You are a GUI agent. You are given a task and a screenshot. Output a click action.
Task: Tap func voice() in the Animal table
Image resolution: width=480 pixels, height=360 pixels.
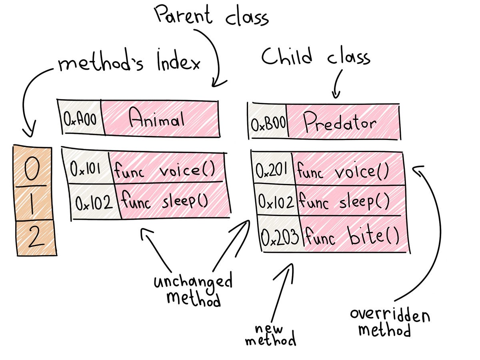point(165,170)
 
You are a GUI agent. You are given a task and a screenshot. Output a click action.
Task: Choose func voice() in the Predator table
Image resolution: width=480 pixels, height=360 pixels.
point(343,172)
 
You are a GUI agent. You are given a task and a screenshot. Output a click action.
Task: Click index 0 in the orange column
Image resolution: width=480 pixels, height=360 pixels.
point(34,169)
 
